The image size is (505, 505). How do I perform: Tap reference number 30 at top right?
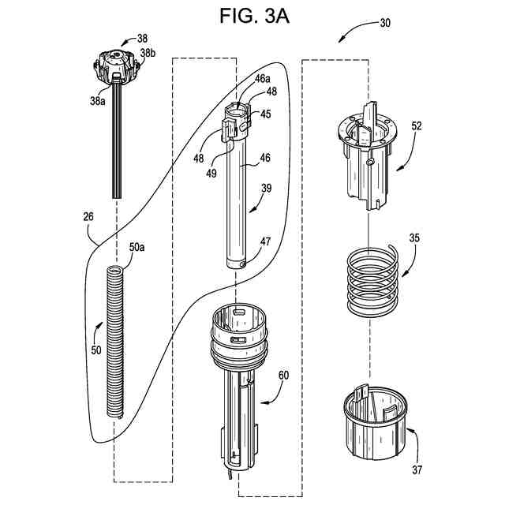[384, 24]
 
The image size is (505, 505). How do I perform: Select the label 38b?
[148, 53]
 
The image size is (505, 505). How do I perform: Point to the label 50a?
[137, 248]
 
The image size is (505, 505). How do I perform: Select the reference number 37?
[417, 470]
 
